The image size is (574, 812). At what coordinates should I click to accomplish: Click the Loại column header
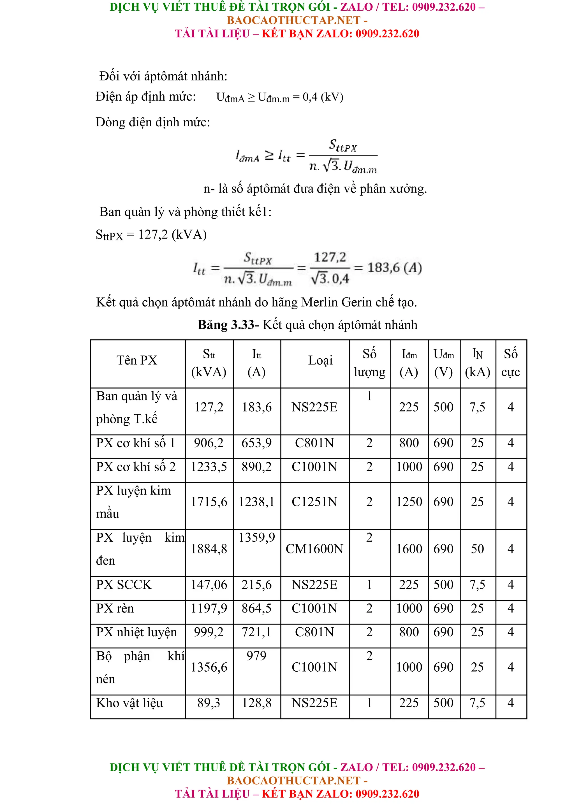(320, 360)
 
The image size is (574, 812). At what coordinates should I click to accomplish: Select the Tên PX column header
(137, 360)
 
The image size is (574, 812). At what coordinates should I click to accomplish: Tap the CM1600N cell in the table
(314, 549)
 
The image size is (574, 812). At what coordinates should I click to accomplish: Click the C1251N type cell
(314, 502)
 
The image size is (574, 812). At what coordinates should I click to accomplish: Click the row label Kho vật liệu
(129, 703)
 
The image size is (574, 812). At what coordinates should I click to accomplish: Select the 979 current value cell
(256, 656)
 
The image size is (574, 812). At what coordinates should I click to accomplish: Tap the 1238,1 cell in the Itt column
(256, 502)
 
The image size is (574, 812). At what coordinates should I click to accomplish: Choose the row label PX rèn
(115, 608)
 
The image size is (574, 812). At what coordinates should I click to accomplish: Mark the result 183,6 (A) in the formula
(394, 268)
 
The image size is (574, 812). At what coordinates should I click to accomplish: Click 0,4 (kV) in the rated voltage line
(323, 97)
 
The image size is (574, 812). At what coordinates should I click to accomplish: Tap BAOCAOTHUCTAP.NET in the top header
(293, 20)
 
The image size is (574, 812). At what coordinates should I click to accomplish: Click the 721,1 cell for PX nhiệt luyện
(256, 632)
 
